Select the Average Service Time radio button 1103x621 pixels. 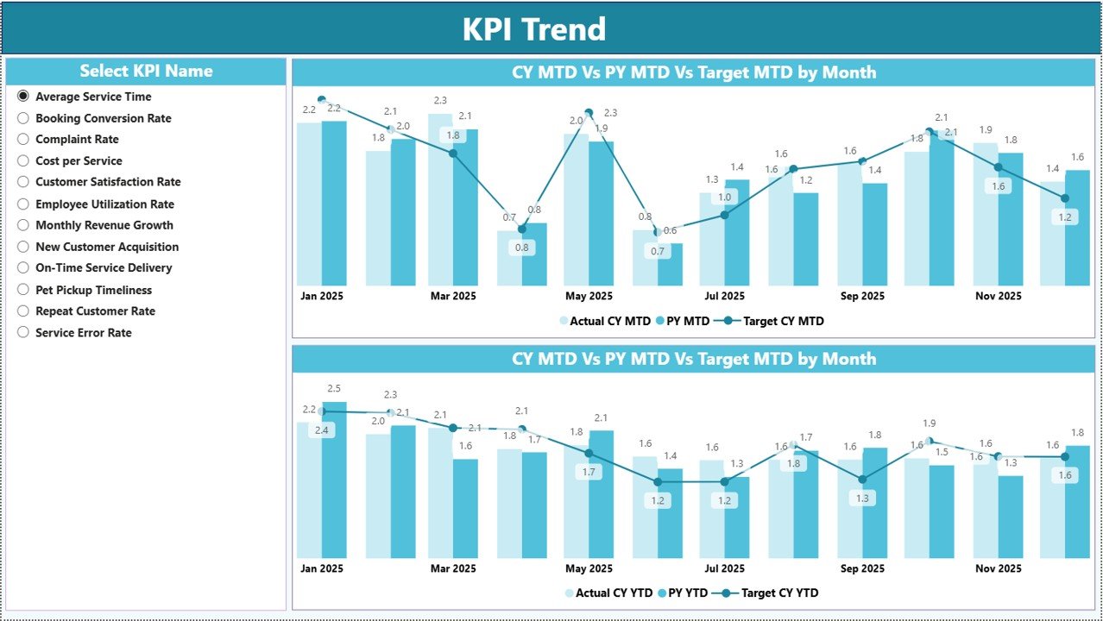point(23,97)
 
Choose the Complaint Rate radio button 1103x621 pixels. point(23,140)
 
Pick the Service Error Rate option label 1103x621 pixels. point(83,333)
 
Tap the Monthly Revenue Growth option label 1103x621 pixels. point(104,225)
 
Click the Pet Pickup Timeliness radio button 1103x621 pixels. point(23,291)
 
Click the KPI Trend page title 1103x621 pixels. point(533,29)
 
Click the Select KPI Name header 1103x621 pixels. point(146,72)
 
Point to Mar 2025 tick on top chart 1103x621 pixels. point(452,296)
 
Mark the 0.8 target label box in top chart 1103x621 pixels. point(521,248)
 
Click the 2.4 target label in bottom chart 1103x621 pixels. point(322,430)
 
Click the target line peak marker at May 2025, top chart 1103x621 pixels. point(589,112)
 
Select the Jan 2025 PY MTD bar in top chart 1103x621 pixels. point(334,203)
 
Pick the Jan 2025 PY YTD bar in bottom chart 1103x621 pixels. point(334,479)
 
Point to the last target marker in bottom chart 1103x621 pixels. point(1064,456)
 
